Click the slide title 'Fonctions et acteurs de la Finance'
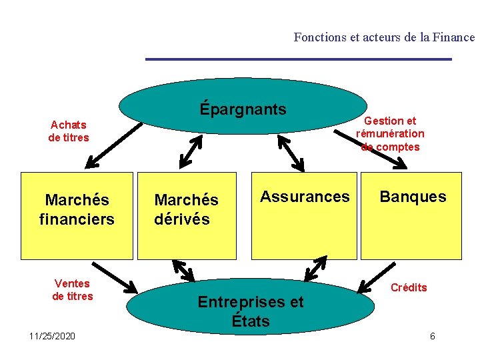pos(384,37)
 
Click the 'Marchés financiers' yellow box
pos(77,215)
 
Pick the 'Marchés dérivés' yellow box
pos(187,215)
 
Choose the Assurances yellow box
pos(304,215)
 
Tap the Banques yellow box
pos(411,215)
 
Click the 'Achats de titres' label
pos(69,131)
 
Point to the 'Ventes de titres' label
pos(73,290)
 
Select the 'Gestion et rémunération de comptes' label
pos(390,133)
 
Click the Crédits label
pos(409,287)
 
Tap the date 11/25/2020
pos(53,335)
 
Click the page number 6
pos(432,336)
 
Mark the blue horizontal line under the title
pos(298,59)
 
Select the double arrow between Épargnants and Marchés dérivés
pos(191,151)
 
